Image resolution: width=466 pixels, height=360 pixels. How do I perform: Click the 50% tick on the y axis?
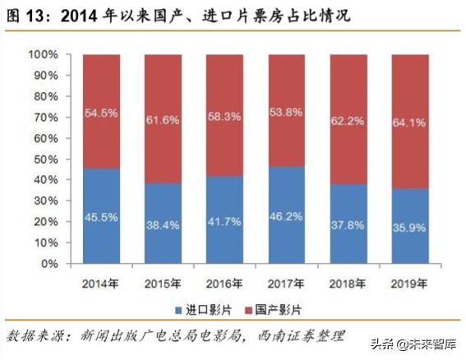click(x=45, y=159)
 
